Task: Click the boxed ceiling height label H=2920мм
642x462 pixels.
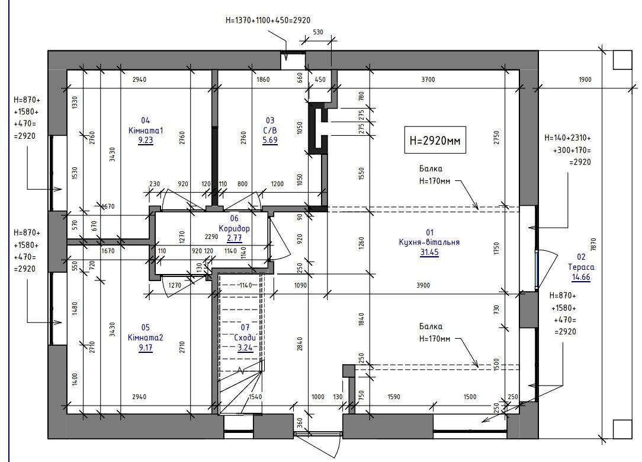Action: pyautogui.click(x=435, y=140)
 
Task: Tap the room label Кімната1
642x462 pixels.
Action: pyautogui.click(x=146, y=130)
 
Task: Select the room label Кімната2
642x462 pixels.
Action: pyautogui.click(x=146, y=337)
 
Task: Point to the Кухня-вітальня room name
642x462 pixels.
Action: pyautogui.click(x=429, y=242)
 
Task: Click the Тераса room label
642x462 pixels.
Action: pyautogui.click(x=581, y=267)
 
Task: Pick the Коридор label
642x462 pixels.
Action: pyautogui.click(x=234, y=228)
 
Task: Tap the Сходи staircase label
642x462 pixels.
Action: pyautogui.click(x=245, y=337)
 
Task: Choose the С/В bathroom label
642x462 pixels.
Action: pyautogui.click(x=270, y=130)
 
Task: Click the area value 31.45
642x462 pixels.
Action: pyautogui.click(x=429, y=252)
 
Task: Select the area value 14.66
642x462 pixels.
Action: pyautogui.click(x=581, y=277)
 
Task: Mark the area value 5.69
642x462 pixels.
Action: pyautogui.click(x=270, y=140)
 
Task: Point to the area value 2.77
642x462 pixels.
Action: pyautogui.click(x=234, y=238)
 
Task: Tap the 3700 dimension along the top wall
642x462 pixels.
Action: pyautogui.click(x=428, y=79)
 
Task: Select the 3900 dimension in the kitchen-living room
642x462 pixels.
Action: pyautogui.click(x=423, y=285)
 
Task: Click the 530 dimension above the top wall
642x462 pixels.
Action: pyautogui.click(x=317, y=32)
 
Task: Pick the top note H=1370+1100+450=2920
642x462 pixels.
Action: pyautogui.click(x=268, y=20)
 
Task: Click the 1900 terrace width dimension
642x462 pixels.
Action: pyautogui.click(x=585, y=79)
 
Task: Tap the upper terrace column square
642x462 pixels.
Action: pyautogui.click(x=622, y=60)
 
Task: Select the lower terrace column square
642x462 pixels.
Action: pyautogui.click(x=622, y=429)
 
